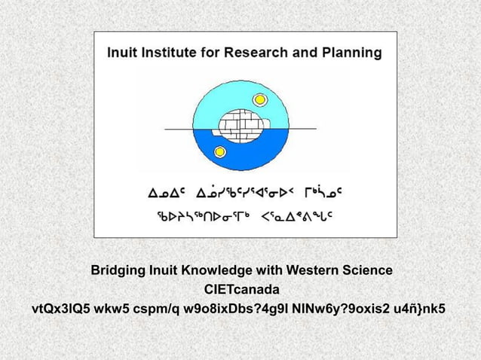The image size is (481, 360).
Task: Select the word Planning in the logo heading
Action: point(351,54)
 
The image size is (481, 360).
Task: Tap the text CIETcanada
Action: point(240,289)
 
